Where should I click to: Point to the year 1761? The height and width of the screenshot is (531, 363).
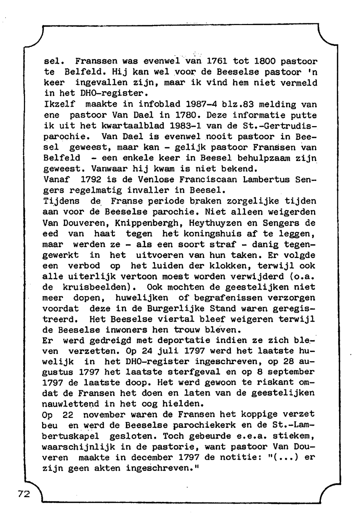(217, 61)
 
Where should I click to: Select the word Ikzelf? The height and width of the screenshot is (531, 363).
(59, 104)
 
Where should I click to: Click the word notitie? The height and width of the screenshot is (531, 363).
(236, 457)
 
